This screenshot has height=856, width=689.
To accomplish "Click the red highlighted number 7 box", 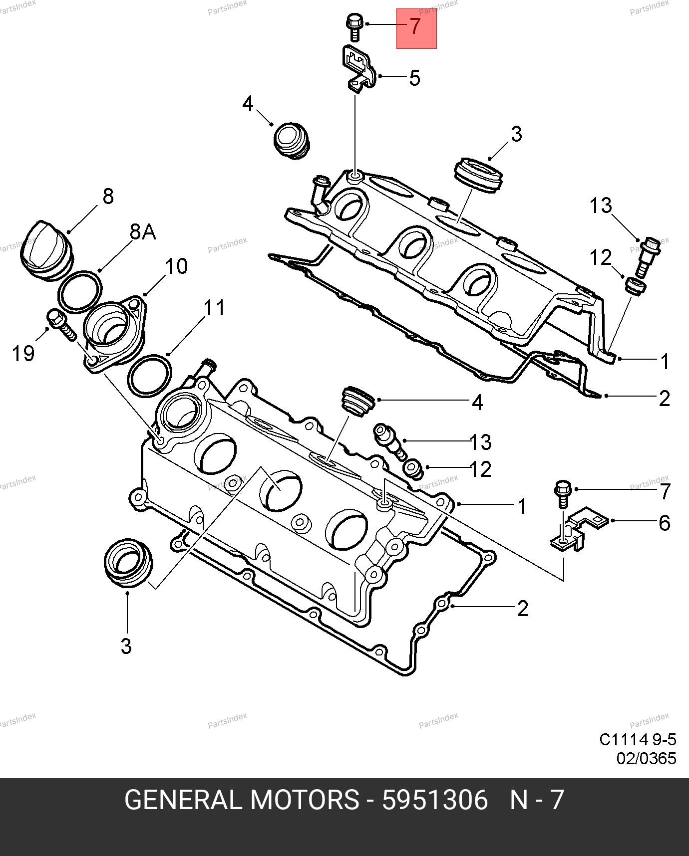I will coord(416,28).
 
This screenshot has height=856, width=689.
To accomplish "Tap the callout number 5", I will coord(414,78).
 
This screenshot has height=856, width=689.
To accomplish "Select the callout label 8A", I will coord(143,232).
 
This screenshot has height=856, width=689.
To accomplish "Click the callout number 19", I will coord(23,354).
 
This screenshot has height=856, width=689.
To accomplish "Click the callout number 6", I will coord(664,523).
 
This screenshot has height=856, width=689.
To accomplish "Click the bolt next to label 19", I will coord(61,324).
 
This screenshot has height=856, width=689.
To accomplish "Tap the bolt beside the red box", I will coord(353,27).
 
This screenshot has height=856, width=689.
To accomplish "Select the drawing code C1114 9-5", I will coord(638,739).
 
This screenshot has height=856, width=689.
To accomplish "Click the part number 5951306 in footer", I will coord(434,801).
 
